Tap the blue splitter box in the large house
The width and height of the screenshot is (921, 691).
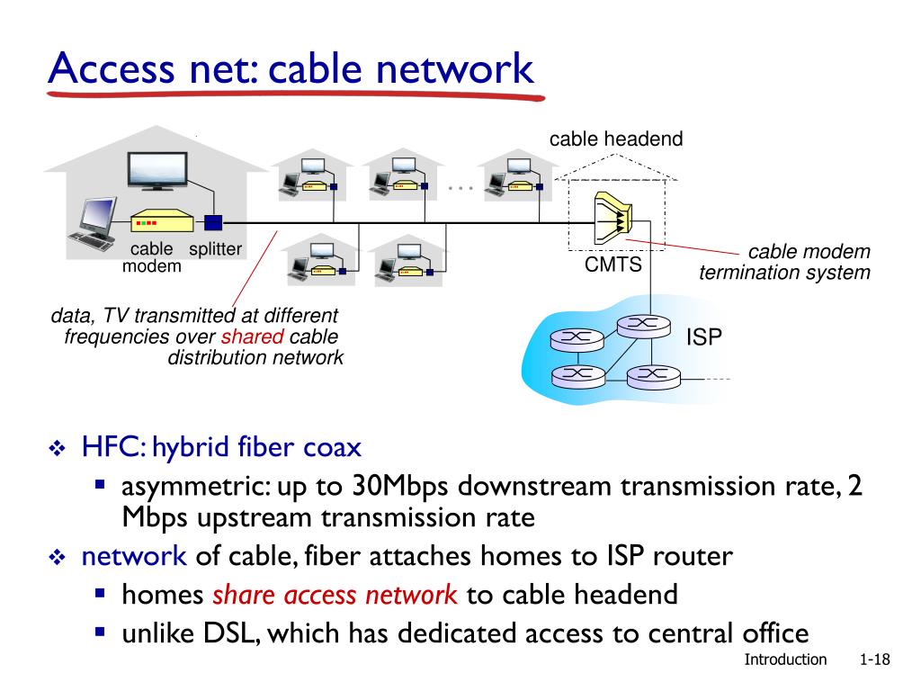pyautogui.click(x=213, y=222)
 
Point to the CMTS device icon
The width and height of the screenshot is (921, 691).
pyautogui.click(x=614, y=220)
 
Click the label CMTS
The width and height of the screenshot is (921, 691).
pyautogui.click(x=613, y=265)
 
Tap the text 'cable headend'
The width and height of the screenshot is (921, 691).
pyautogui.click(x=616, y=139)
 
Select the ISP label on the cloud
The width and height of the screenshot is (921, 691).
pyautogui.click(x=704, y=337)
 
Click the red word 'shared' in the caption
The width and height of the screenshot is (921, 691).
pyautogui.click(x=252, y=337)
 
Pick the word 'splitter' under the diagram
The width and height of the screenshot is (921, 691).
pyautogui.click(x=215, y=250)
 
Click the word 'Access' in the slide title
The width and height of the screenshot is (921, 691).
pyautogui.click(x=103, y=68)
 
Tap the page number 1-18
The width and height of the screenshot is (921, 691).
pyautogui.click(x=874, y=660)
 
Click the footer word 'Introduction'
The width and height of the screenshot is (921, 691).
pyautogui.click(x=785, y=660)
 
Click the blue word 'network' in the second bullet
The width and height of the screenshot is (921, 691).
pyautogui.click(x=134, y=556)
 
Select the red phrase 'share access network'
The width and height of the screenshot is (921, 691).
pyautogui.click(x=335, y=595)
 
